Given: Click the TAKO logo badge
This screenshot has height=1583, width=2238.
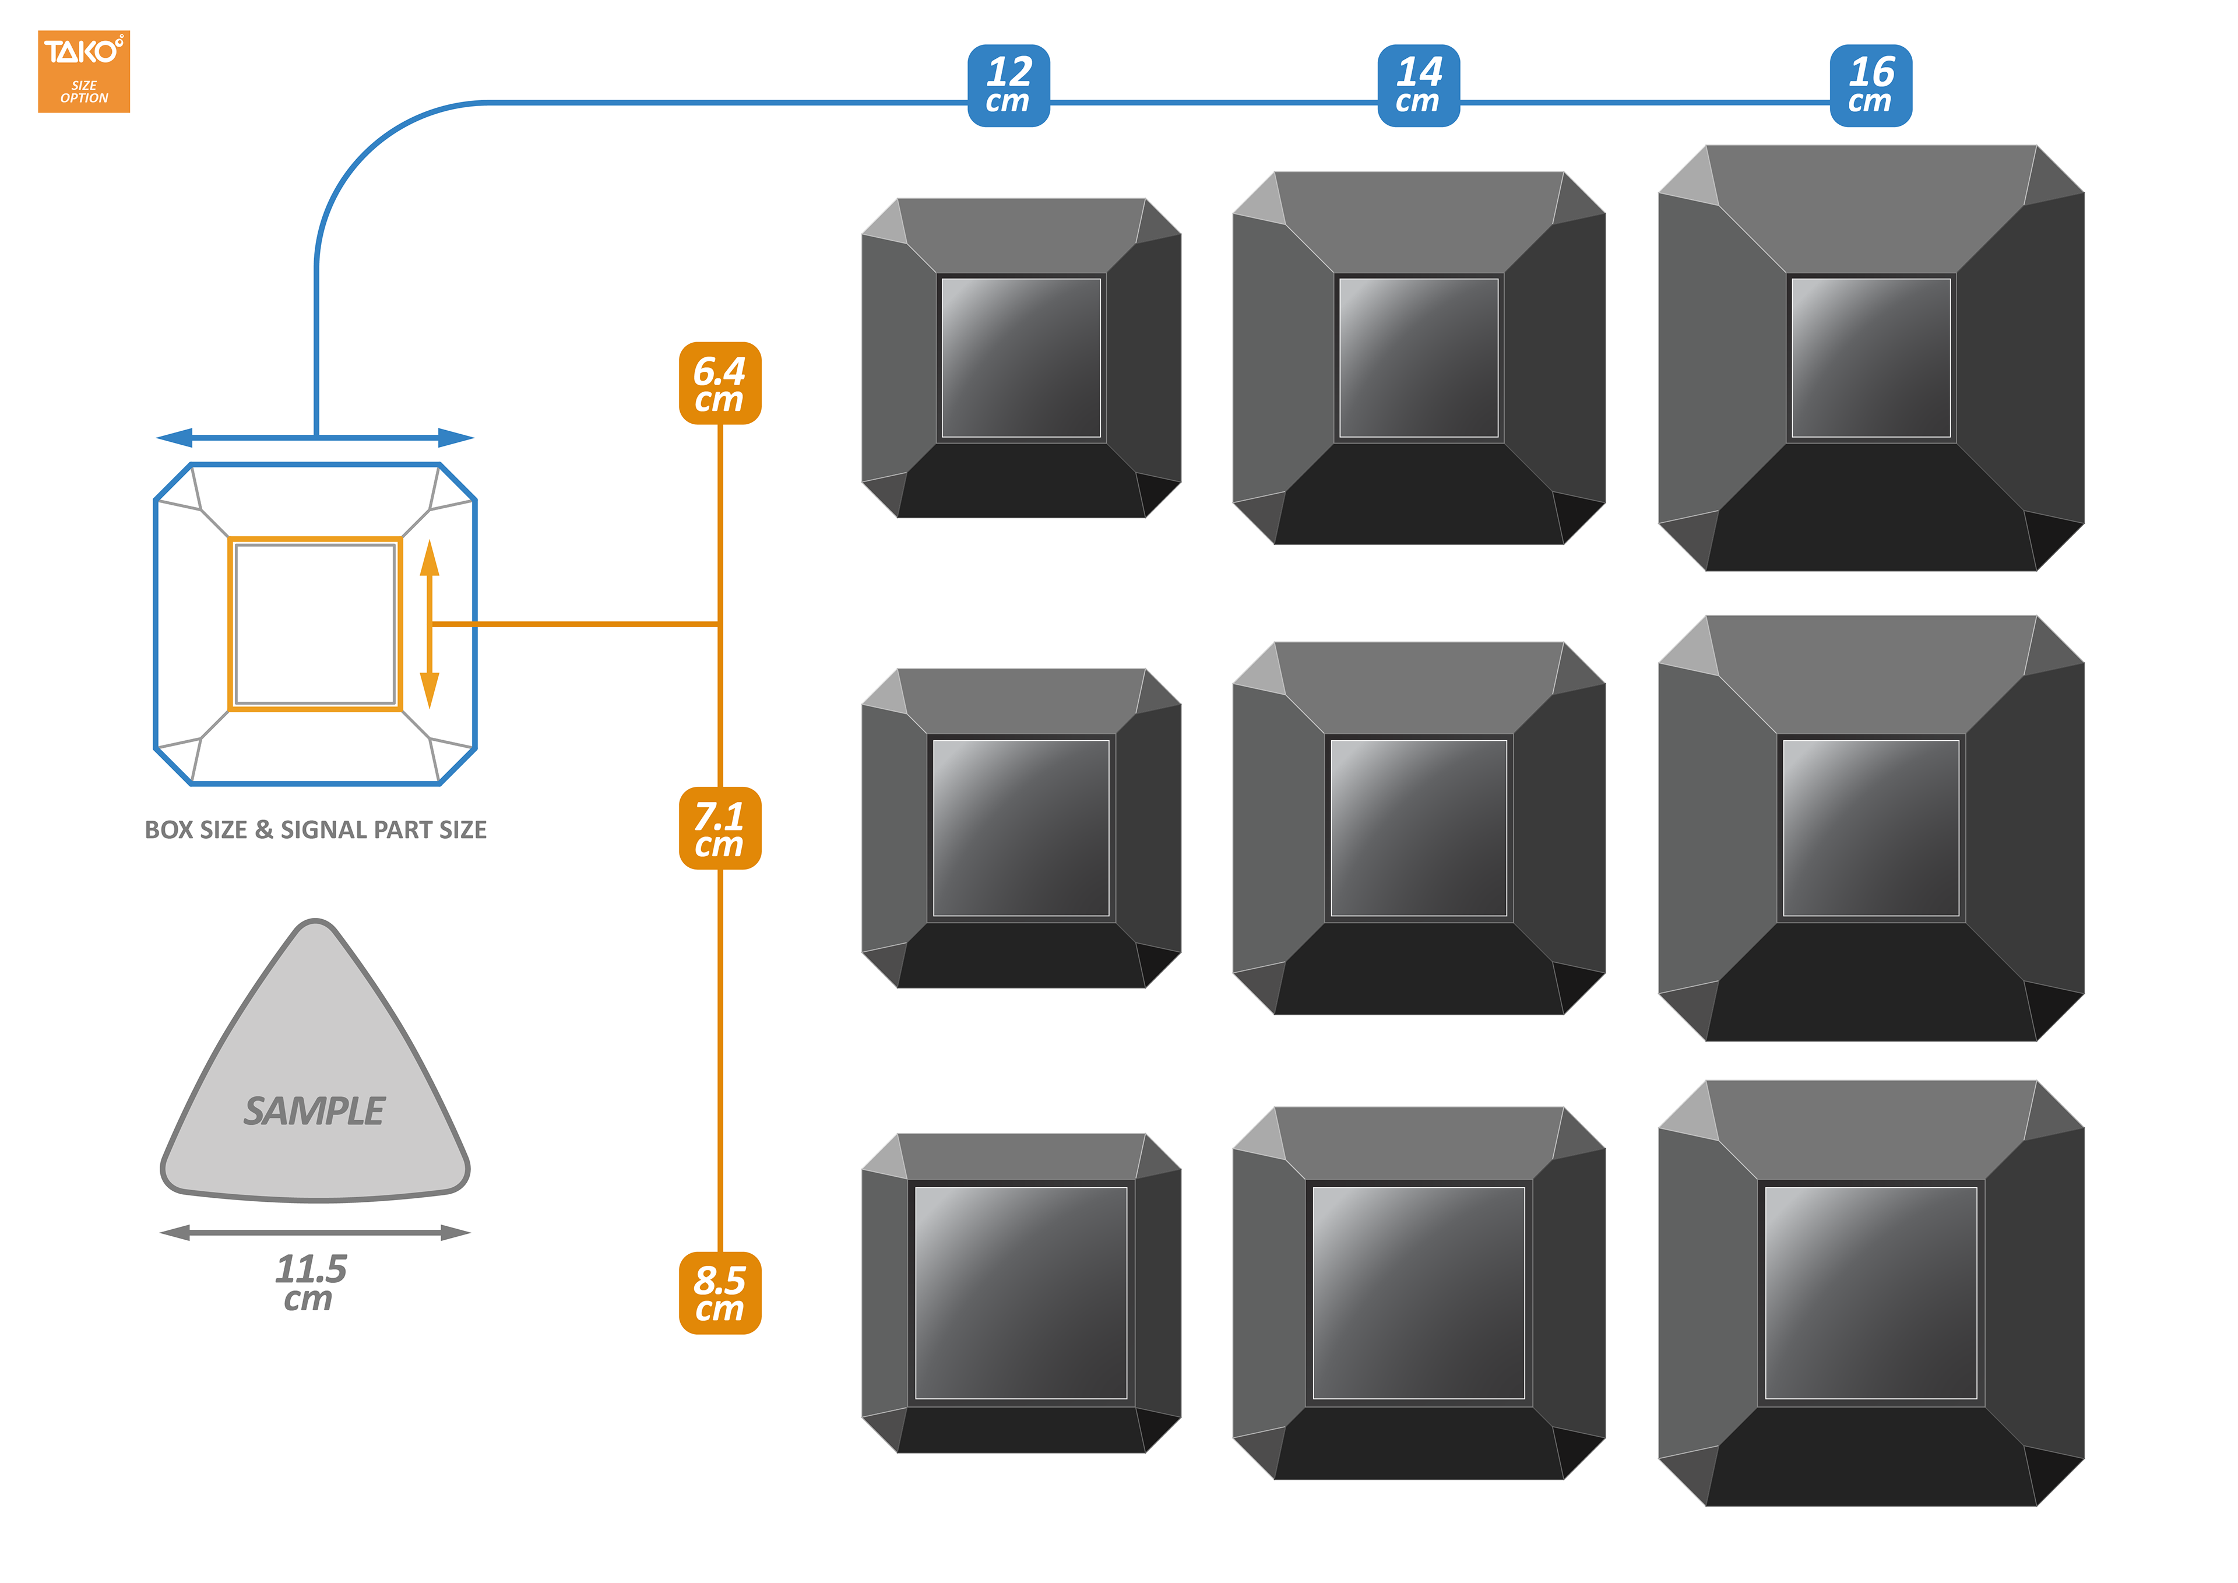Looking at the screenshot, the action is tap(84, 71).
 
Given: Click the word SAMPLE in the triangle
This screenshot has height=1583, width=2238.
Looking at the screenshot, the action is tap(314, 1111).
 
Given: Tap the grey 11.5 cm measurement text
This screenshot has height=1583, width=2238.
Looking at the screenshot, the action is tap(310, 1282).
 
